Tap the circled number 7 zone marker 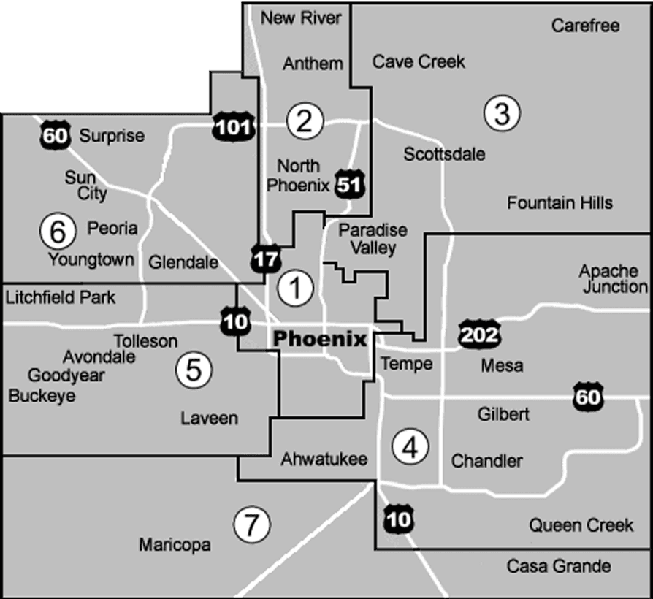[251, 523]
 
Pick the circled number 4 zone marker [409, 446]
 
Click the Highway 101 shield [233, 129]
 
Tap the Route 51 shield [349, 183]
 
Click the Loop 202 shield [479, 335]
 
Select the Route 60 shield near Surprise [56, 135]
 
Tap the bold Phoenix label [318, 339]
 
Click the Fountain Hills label [560, 202]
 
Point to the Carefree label [586, 26]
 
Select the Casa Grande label [559, 566]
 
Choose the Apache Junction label [614, 279]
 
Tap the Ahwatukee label [324, 459]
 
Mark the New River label [301, 18]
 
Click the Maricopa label [175, 545]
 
